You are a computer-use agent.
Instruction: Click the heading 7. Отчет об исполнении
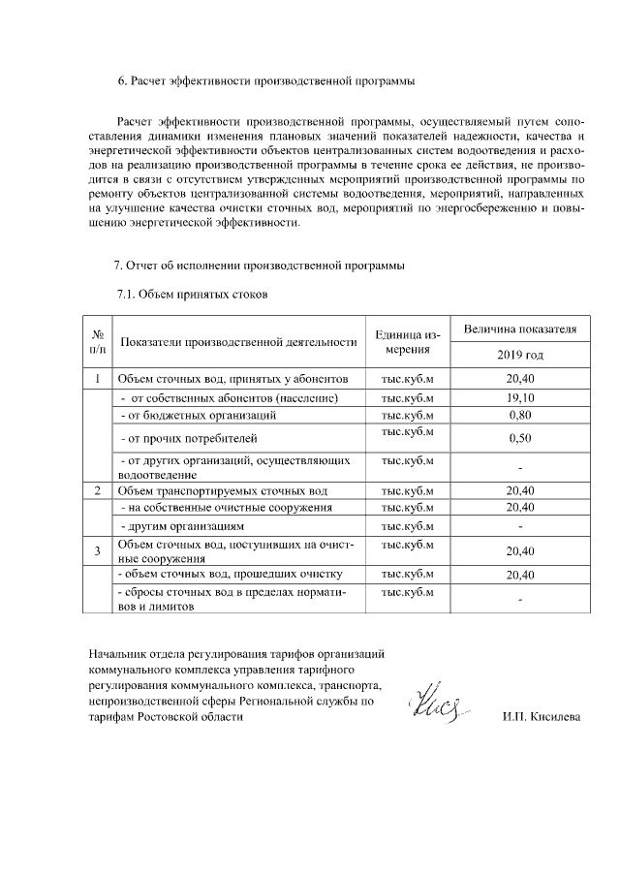pyautogui.click(x=259, y=266)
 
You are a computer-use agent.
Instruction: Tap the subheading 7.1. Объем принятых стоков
pyautogui.click(x=190, y=293)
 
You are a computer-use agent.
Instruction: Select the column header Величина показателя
pyautogui.click(x=520, y=329)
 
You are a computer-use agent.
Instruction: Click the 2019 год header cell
pyautogui.click(x=520, y=355)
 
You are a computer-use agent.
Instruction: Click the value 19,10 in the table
pyautogui.click(x=520, y=397)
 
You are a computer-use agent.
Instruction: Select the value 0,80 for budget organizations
pyautogui.click(x=520, y=415)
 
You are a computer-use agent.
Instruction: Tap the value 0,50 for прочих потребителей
pyautogui.click(x=520, y=439)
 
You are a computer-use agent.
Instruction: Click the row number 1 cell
pyautogui.click(x=98, y=379)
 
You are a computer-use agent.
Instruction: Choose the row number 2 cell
pyautogui.click(x=98, y=490)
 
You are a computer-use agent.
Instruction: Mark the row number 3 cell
pyautogui.click(x=98, y=551)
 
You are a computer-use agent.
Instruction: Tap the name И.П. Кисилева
pyautogui.click(x=542, y=717)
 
